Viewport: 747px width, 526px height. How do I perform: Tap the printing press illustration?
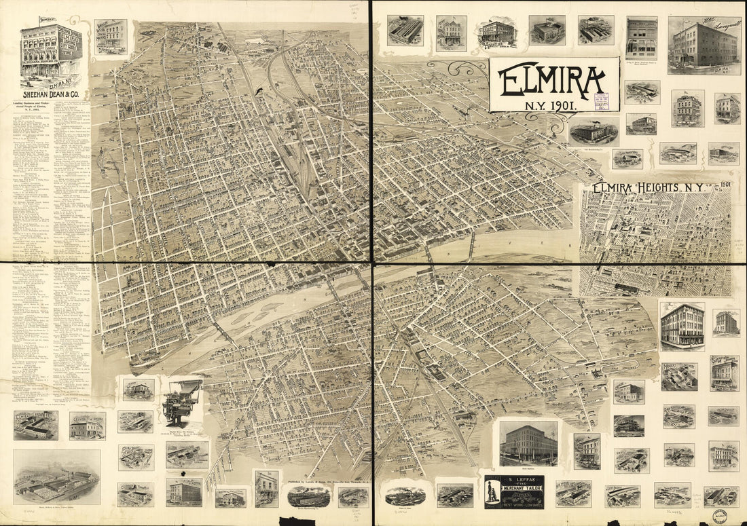point(182,402)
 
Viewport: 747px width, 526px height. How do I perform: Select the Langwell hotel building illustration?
point(704,45)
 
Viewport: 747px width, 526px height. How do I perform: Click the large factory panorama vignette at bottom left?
point(56,476)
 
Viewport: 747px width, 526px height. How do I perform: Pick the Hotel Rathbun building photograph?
point(528,444)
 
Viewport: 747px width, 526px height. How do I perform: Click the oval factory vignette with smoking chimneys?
point(594,131)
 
